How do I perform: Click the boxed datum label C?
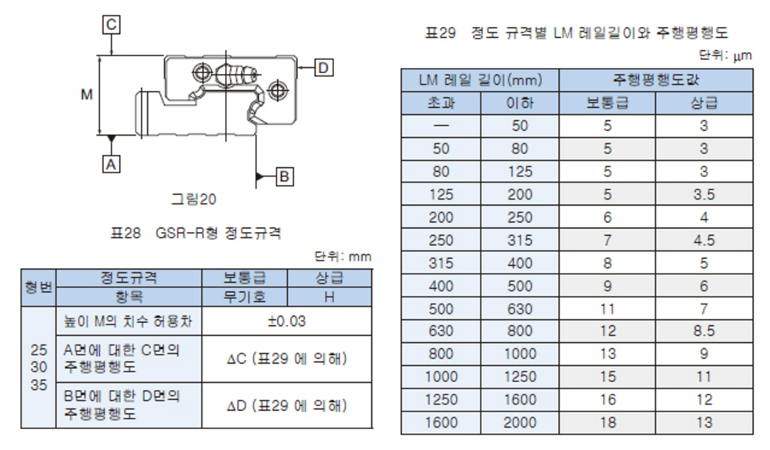point(112,25)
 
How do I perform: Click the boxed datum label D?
point(323,67)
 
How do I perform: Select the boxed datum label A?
point(112,163)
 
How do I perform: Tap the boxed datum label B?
point(284,177)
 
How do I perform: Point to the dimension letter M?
point(87,94)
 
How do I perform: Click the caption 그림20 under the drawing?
point(193,199)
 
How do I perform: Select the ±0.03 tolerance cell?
point(286,321)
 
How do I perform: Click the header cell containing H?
point(329,297)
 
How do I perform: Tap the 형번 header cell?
point(38,287)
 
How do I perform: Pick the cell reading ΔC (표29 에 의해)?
point(286,358)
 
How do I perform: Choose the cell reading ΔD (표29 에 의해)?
point(286,405)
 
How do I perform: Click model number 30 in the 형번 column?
point(38,367)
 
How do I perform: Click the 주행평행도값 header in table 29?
point(655,79)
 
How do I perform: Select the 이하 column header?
point(520,102)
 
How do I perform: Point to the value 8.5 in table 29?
point(704,331)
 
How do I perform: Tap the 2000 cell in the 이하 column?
point(520,422)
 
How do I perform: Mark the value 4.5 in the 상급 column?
point(704,240)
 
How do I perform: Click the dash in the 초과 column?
point(441,126)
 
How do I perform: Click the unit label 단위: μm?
point(725,55)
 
